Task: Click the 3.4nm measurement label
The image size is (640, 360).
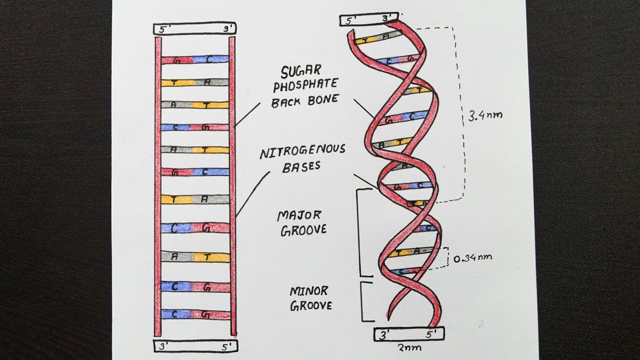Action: coord(483,115)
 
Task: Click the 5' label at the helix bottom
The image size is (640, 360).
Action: coord(430,333)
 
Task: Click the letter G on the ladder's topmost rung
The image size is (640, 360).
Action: coord(176,60)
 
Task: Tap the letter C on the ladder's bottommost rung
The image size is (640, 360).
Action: coord(175,314)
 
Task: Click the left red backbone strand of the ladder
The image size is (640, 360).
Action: coord(158,185)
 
